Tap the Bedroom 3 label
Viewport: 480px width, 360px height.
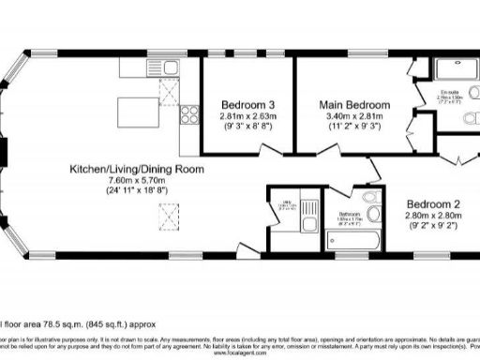click(248, 104)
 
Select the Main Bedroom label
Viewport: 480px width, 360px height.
click(353, 104)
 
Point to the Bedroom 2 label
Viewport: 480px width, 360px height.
click(434, 203)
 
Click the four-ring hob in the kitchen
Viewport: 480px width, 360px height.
click(187, 115)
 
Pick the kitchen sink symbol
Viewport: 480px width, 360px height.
click(165, 67)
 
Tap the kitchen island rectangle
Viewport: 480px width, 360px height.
click(138, 110)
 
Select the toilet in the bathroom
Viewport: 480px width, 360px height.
click(376, 215)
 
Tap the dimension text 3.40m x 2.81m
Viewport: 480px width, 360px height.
click(353, 115)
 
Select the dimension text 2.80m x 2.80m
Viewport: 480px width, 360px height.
click(434, 215)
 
